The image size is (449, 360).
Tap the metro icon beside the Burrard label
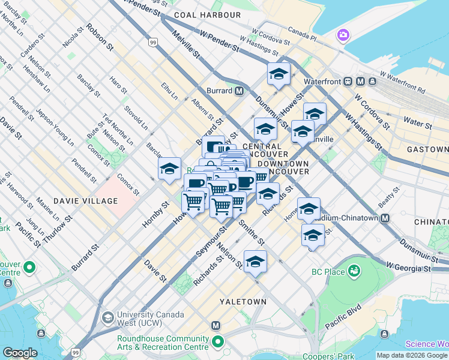point(240,91)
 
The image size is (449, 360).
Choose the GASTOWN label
point(427,149)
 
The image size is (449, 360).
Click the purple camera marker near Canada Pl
point(344,35)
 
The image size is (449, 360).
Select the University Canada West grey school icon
point(107,317)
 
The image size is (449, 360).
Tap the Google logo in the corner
point(20,353)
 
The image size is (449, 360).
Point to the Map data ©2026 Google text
point(411,355)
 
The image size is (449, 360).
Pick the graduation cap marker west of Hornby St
point(170,169)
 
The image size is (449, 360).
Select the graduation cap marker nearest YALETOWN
point(255,262)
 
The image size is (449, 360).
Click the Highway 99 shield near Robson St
point(153,42)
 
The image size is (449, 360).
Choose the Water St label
point(417,124)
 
